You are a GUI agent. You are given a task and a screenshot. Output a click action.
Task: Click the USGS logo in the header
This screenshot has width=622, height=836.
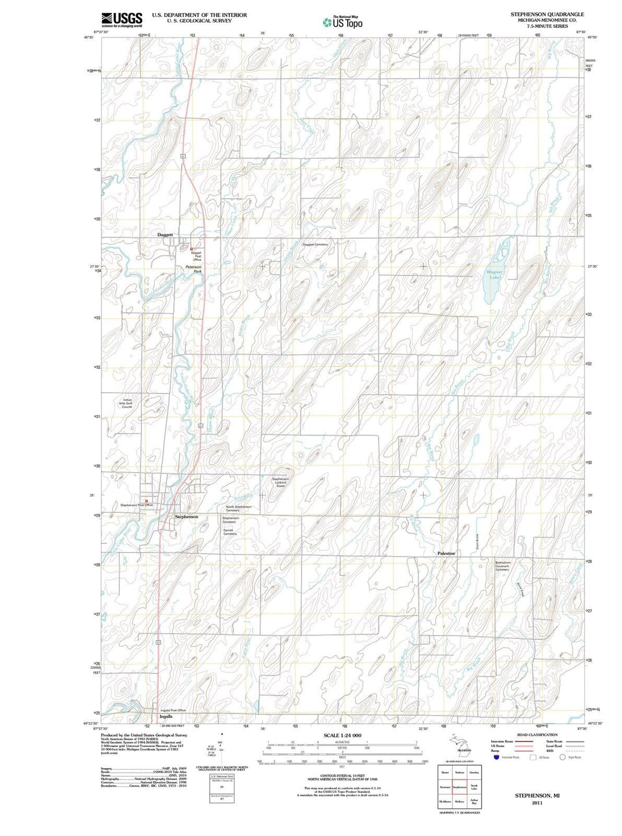[122, 20]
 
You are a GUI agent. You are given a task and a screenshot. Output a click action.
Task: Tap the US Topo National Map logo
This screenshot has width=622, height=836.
[343, 22]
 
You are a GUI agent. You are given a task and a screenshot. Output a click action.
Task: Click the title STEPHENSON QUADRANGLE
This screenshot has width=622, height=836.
[547, 14]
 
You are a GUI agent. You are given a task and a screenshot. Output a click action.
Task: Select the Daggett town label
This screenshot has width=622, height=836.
[165, 235]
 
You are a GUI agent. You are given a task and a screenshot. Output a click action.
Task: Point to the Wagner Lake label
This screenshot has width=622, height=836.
[495, 274]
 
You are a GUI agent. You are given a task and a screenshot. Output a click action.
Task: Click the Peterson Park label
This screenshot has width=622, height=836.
[194, 269]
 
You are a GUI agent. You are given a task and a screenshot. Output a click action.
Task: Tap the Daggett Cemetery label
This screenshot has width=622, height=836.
[315, 244]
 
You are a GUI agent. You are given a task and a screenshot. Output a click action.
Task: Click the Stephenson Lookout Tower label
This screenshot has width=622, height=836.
[280, 482]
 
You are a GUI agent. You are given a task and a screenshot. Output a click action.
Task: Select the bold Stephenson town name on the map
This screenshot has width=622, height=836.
[187, 517]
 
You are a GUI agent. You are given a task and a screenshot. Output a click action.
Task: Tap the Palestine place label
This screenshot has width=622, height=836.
[446, 553]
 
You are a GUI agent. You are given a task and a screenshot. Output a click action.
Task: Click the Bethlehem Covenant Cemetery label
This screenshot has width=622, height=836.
[502, 566]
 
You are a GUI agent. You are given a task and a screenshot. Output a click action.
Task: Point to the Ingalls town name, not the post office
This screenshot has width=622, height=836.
[166, 717]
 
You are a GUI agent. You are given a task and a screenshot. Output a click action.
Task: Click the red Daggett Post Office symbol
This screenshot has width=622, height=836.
[191, 249]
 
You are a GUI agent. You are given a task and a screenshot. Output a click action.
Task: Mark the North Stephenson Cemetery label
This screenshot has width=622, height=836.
[238, 508]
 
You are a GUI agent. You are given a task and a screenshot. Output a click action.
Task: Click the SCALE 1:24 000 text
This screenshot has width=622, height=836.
[342, 736]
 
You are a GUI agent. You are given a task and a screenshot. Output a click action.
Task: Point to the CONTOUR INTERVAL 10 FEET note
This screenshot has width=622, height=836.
[342, 776]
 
